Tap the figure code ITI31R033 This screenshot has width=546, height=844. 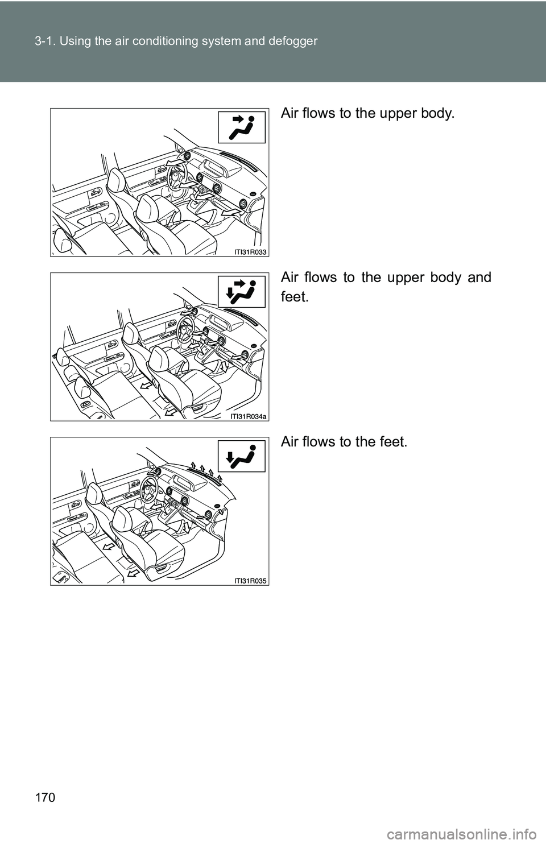point(250,252)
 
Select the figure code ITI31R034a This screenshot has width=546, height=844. point(248,416)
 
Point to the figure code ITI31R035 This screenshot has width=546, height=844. point(250,581)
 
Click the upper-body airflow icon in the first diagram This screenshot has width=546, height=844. point(242,127)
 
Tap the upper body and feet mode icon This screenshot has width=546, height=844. point(242,292)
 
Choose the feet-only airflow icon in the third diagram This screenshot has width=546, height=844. point(242,456)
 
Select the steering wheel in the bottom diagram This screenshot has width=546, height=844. point(149,489)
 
